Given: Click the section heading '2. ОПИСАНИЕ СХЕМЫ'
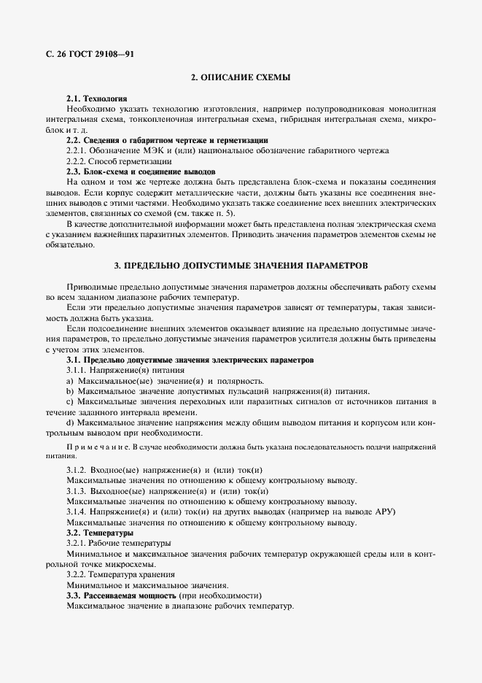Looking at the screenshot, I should point(241,77).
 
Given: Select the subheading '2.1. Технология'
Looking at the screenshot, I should point(96,98).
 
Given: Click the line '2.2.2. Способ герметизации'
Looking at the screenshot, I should point(119,161).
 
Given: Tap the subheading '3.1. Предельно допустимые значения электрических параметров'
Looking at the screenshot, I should point(190,360).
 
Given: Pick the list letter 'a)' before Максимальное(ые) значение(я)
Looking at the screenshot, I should point(70,381).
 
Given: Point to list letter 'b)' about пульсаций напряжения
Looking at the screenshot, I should point(70,391).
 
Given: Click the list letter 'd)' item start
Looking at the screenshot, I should point(70,422).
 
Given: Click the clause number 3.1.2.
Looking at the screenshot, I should point(77,470).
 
